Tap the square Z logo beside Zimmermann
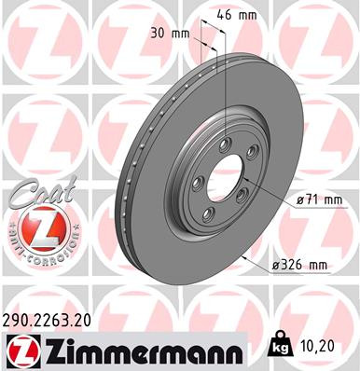click(20, 351)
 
